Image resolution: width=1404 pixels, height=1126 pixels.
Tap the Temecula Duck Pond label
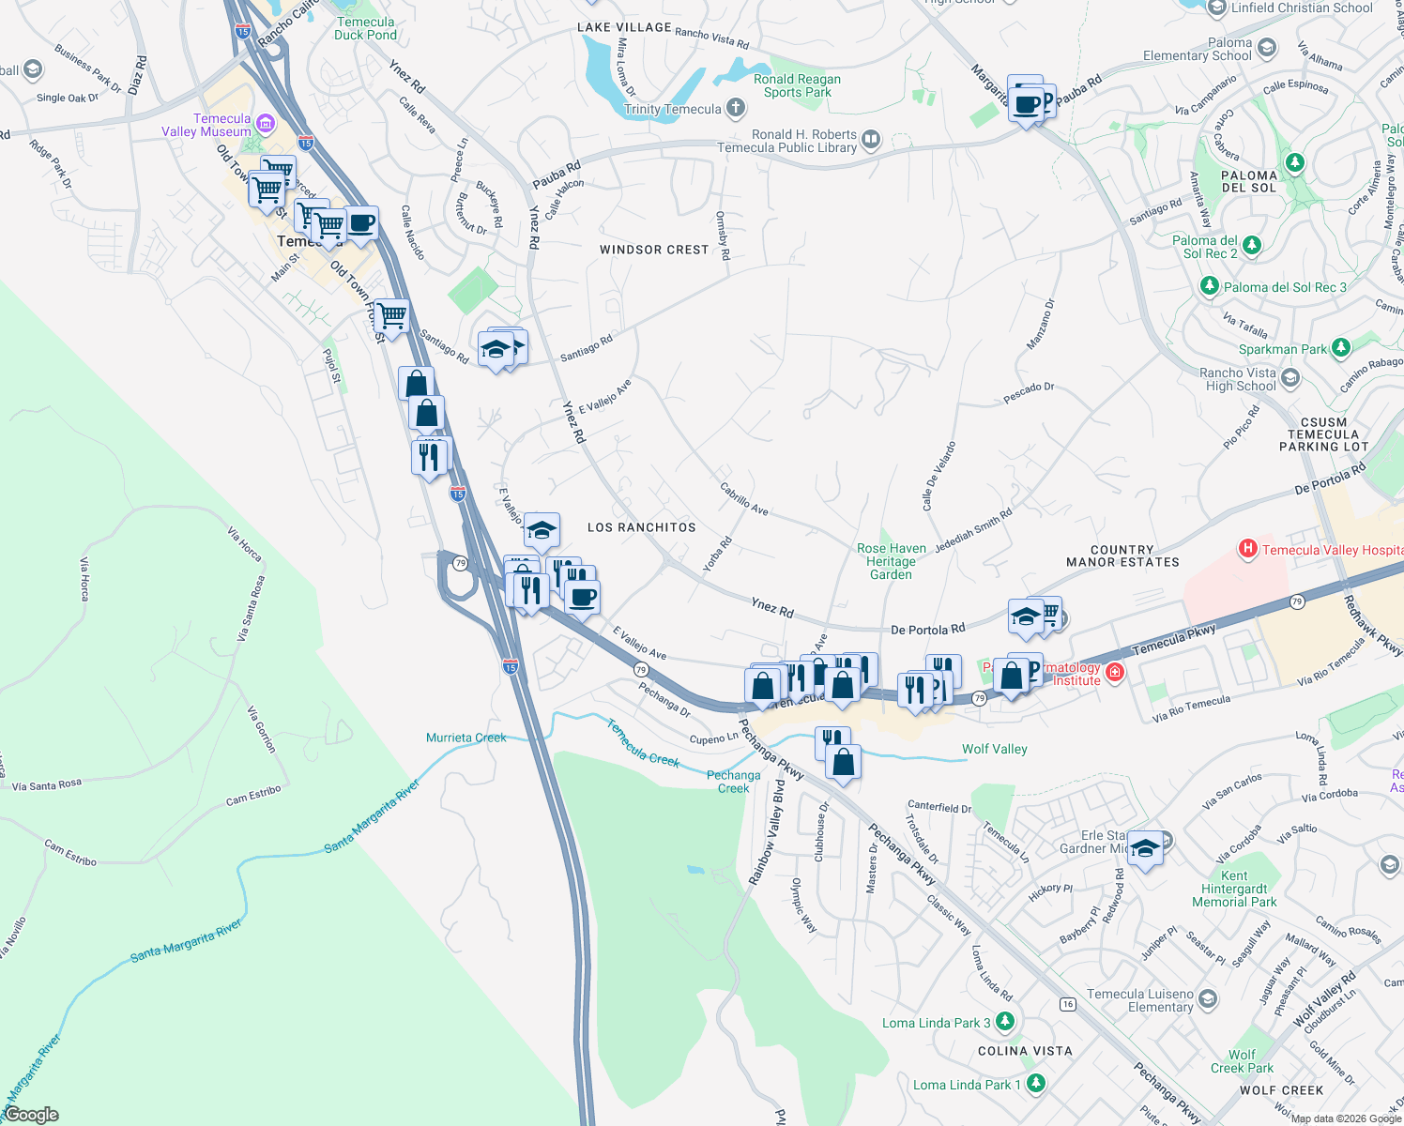pyautogui.click(x=365, y=28)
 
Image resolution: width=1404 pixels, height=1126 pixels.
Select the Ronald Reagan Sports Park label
pyautogui.click(x=797, y=85)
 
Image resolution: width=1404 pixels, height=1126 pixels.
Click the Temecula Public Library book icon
pyautogui.click(x=871, y=141)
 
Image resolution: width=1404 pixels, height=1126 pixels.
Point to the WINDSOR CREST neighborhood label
pyautogui.click(x=654, y=250)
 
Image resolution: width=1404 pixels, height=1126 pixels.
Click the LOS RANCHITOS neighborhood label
pyautogui.click(x=641, y=527)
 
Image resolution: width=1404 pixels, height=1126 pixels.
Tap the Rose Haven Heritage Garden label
pyautogui.click(x=891, y=561)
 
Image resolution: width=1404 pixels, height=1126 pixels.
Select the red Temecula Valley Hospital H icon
pyautogui.click(x=1247, y=549)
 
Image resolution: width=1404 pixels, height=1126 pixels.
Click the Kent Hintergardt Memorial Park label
pyautogui.click(x=1234, y=889)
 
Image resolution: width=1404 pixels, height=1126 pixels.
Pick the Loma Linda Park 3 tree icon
pyautogui.click(x=1005, y=1021)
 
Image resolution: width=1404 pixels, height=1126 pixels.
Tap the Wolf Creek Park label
pyautogui.click(x=1242, y=1061)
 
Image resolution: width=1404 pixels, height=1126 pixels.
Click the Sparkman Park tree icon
pyautogui.click(x=1341, y=348)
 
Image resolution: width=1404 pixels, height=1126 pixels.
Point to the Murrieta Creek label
pyautogui.click(x=465, y=738)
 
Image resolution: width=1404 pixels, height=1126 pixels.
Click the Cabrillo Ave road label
pyautogui.click(x=744, y=498)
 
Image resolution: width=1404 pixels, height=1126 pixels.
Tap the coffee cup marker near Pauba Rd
pyautogui.click(x=1028, y=104)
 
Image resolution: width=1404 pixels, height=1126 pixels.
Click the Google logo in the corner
pyautogui.click(x=31, y=1114)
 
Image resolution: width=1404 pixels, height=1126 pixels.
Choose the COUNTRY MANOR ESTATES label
pyautogui.click(x=1122, y=555)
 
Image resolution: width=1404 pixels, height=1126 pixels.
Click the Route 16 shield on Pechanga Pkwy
pyautogui.click(x=1067, y=1004)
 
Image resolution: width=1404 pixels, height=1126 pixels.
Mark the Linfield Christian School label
pyautogui.click(x=1301, y=8)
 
